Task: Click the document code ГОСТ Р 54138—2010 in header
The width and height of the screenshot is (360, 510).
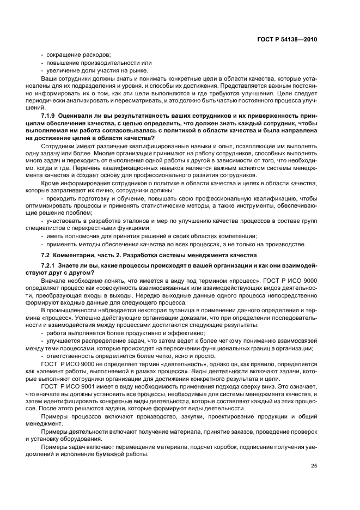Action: click(286, 39)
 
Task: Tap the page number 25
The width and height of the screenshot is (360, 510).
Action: click(313, 465)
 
